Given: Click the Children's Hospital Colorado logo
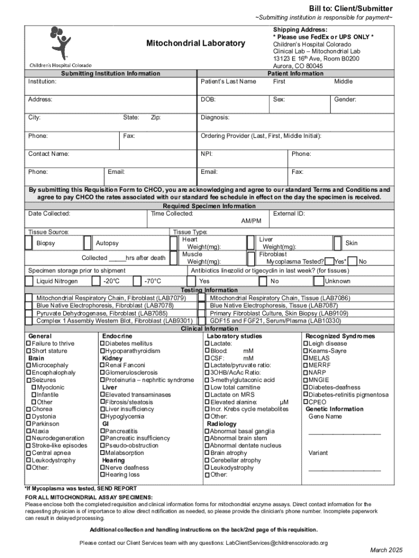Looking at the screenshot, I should click(60, 46).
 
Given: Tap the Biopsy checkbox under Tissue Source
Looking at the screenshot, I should click(28, 242).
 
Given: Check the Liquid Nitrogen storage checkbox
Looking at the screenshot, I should click(28, 281).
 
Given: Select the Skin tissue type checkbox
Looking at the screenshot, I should click(338, 242).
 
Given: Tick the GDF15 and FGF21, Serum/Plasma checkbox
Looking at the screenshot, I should click(202, 321).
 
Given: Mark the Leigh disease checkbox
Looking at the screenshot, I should click(305, 344).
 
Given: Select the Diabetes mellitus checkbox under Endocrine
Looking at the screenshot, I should click(102, 344).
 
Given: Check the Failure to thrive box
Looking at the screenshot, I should click(28, 344).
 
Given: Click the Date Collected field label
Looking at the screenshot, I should click(49, 214).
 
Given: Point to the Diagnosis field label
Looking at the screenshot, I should click(215, 118).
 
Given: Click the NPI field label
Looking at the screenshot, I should click(206, 154).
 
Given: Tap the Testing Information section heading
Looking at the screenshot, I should click(209, 290).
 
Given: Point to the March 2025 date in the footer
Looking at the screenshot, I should click(388, 550).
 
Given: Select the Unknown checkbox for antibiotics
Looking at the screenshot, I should click(318, 281).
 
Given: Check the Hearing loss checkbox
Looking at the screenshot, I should click(102, 475).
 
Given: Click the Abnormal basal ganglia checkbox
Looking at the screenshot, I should click(207, 431).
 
